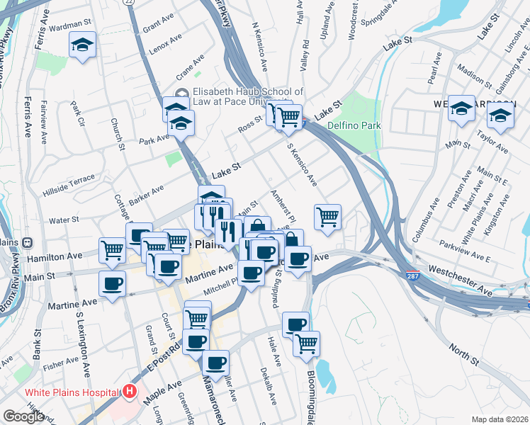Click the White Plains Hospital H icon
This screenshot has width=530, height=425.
coord(130,391)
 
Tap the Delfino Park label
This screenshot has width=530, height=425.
coord(354,125)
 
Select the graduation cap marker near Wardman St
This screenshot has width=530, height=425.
coord(83,46)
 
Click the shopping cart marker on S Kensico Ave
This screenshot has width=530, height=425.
coord(327,217)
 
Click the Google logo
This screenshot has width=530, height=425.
coord(23,416)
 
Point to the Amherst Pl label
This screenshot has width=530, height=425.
coord(277,205)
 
